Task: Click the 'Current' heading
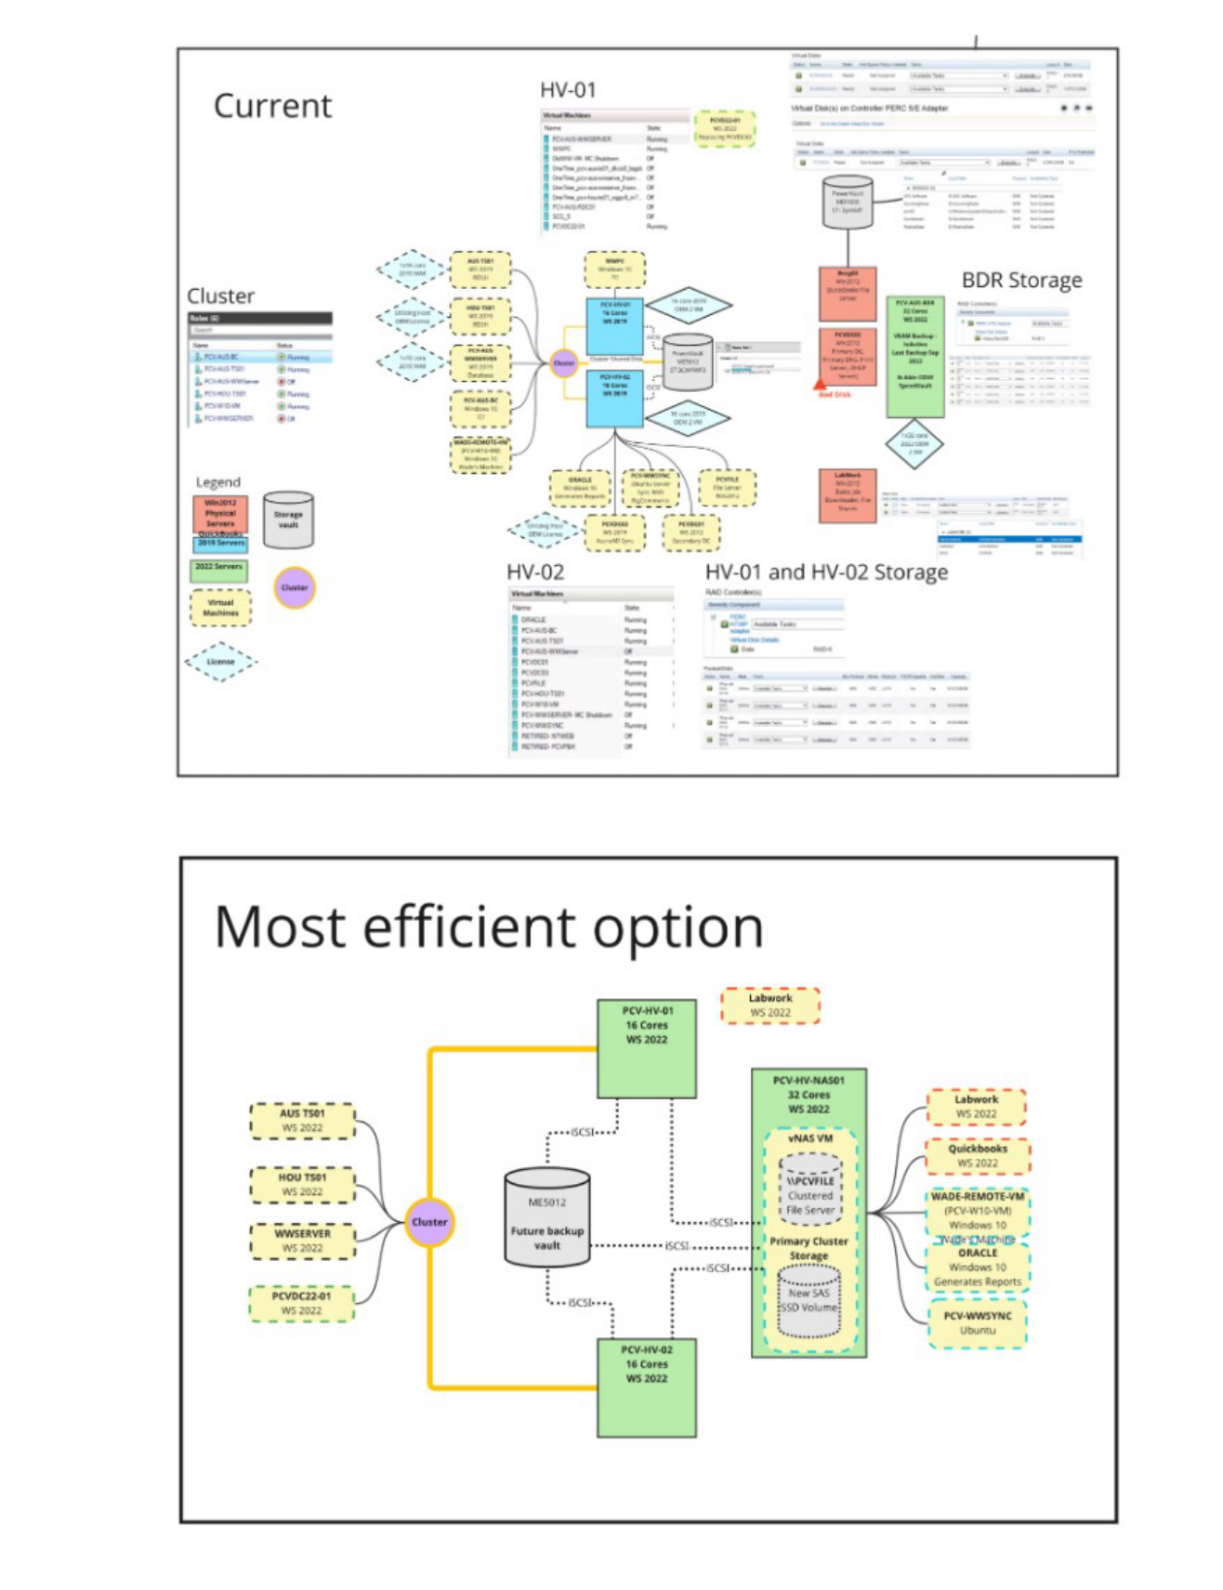(x=272, y=106)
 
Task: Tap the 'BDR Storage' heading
(x=1021, y=280)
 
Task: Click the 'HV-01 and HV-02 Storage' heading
(x=826, y=572)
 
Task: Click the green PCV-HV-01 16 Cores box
(x=646, y=1048)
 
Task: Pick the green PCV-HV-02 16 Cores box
(x=646, y=1387)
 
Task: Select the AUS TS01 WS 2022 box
(x=302, y=1121)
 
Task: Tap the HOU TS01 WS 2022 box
(x=302, y=1184)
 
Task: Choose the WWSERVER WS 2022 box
(x=302, y=1241)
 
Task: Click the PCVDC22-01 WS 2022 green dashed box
(x=301, y=1303)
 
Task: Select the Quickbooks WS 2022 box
(x=978, y=1155)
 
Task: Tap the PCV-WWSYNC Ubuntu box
(x=978, y=1322)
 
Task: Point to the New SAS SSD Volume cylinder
(x=809, y=1301)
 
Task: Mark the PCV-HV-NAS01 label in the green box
(x=809, y=1080)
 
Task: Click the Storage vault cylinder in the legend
(x=288, y=519)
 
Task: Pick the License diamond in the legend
(x=220, y=662)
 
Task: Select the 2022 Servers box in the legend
(x=219, y=568)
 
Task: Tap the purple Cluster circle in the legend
(x=295, y=587)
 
